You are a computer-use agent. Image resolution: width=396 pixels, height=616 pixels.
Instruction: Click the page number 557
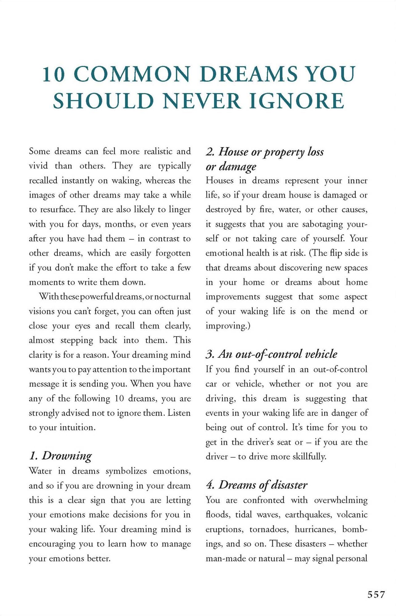click(x=376, y=594)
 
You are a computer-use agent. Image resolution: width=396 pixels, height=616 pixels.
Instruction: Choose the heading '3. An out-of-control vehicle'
click(x=271, y=354)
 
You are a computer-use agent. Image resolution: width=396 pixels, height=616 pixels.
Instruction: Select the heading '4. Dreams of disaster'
click(x=257, y=485)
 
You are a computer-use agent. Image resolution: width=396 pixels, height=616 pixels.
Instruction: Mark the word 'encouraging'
click(x=51, y=544)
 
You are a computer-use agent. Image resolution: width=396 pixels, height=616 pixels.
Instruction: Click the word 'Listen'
click(x=179, y=413)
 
